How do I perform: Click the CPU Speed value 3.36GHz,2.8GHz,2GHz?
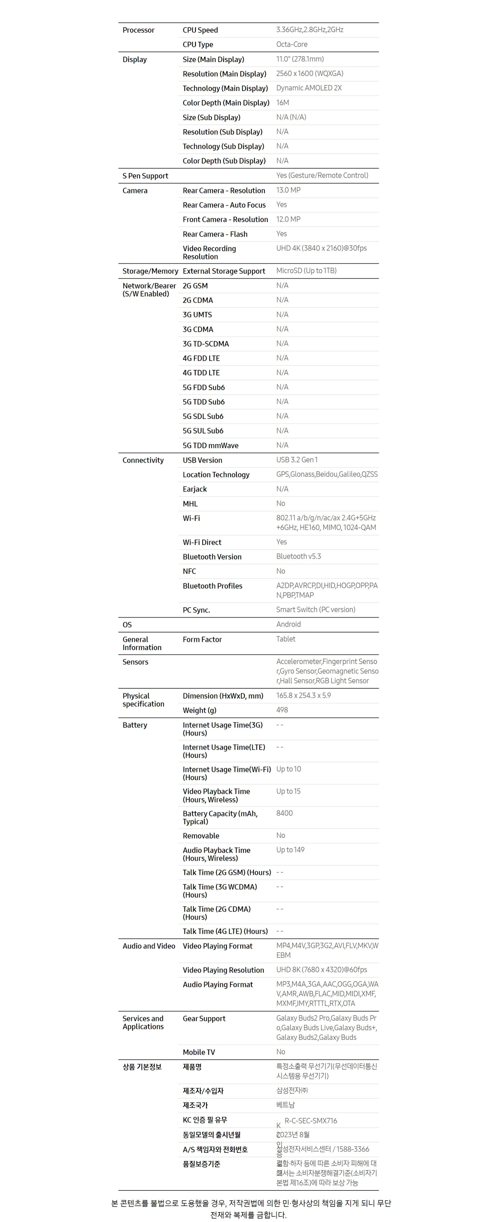(x=309, y=30)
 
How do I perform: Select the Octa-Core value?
(x=291, y=44)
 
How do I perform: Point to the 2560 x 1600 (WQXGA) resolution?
(x=309, y=74)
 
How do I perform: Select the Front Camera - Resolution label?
(x=225, y=219)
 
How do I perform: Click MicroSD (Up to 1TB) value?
(x=306, y=271)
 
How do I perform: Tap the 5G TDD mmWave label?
(x=210, y=445)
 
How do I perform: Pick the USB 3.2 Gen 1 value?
(x=297, y=460)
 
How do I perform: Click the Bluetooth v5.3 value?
(x=298, y=556)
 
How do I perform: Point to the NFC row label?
(x=189, y=571)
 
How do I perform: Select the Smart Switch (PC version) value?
(x=315, y=610)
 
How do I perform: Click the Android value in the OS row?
(x=288, y=624)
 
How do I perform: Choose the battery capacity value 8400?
(x=284, y=813)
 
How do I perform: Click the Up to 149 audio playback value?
(x=290, y=850)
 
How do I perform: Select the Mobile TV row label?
(x=199, y=1052)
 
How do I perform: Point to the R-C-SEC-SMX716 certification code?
(x=311, y=1121)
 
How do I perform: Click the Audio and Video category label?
(x=149, y=946)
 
